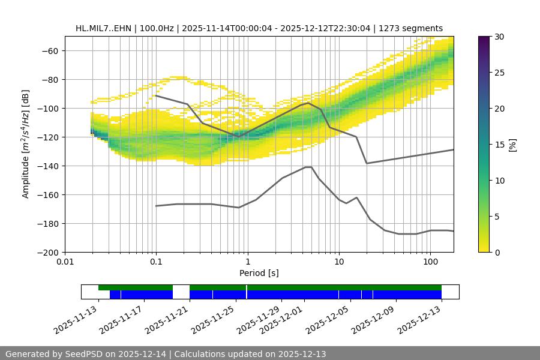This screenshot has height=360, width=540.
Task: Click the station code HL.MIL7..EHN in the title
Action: (x=104, y=28)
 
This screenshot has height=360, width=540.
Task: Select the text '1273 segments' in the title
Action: (x=414, y=28)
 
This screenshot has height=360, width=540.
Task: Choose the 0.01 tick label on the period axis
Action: (x=65, y=262)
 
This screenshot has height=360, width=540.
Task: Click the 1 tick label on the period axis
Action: (x=247, y=262)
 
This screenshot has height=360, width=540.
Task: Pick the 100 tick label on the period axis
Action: (x=430, y=262)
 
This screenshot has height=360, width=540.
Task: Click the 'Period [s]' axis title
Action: (x=259, y=273)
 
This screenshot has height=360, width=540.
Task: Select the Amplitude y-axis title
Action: (x=25, y=144)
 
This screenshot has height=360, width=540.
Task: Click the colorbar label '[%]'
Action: (x=513, y=145)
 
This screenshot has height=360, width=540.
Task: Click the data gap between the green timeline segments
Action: (x=181, y=292)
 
